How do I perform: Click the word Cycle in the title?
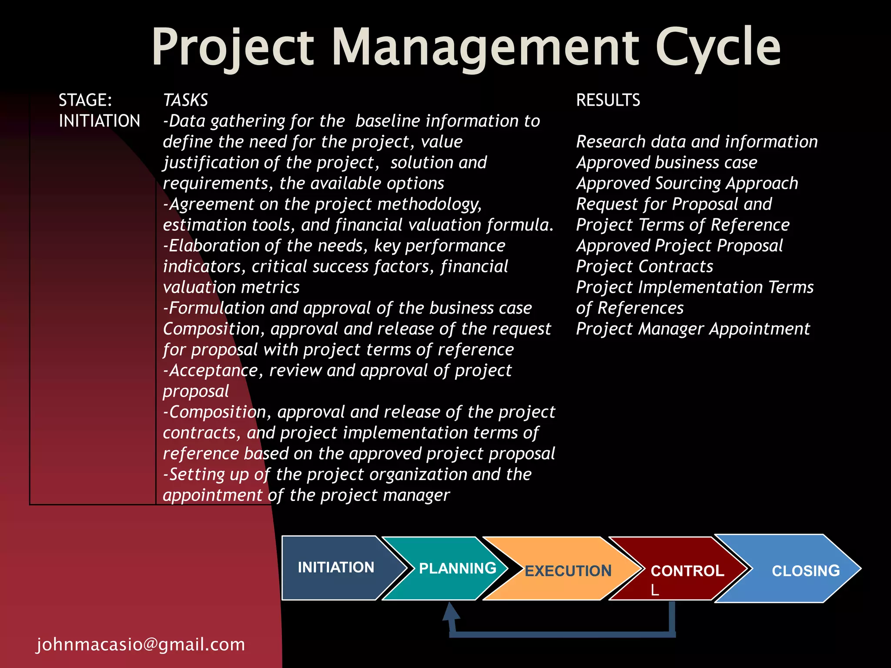point(718,47)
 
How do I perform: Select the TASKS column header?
point(185,100)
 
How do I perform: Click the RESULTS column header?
point(608,100)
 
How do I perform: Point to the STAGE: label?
point(85,100)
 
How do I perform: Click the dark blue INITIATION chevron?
point(336,568)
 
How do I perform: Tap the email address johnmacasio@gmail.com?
point(141,644)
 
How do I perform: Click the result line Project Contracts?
point(644,266)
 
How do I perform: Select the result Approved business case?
point(667,162)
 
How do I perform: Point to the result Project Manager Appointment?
point(693,329)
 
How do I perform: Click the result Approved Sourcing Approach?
point(687,183)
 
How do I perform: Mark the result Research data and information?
point(697,142)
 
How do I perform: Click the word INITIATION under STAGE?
point(99,121)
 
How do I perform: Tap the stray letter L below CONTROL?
point(655,590)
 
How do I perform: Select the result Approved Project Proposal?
point(679,246)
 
